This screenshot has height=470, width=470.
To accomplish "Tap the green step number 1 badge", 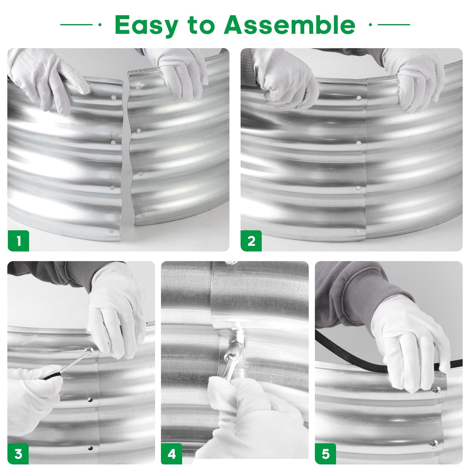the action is [18, 241].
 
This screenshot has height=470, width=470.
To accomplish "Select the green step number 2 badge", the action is [251, 241].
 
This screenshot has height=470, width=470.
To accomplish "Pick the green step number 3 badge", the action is [18, 454].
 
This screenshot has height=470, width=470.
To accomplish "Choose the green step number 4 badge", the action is [172, 454].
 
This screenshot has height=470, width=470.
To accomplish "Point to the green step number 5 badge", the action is [326, 454].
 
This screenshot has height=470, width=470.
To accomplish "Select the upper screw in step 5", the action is [436, 390].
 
